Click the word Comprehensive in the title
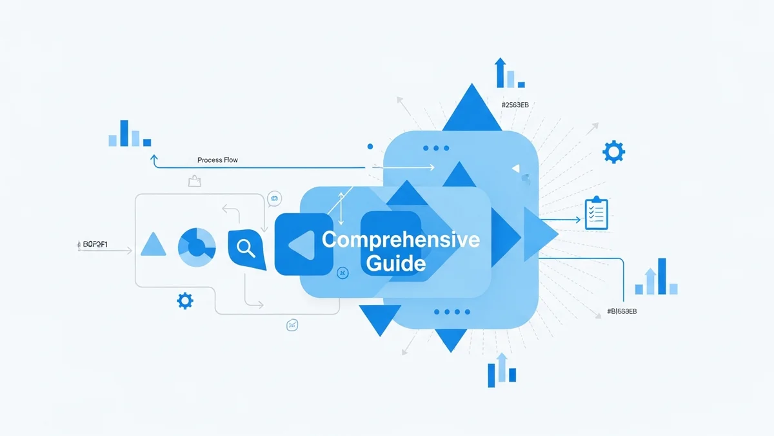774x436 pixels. (401, 240)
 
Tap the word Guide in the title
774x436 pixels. (395, 263)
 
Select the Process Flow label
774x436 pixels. (217, 160)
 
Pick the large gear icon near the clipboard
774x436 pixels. (613, 152)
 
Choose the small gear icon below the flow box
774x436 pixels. (185, 300)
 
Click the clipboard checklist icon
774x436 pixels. (596, 214)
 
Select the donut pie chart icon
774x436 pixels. (197, 246)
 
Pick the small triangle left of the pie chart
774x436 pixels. (153, 245)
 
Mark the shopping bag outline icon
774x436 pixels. (193, 181)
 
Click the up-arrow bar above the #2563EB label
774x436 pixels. (499, 72)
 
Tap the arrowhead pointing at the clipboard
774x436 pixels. (578, 220)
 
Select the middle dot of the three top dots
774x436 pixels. (436, 149)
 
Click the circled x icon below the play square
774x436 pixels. (342, 273)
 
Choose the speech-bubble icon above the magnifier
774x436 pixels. (275, 199)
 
